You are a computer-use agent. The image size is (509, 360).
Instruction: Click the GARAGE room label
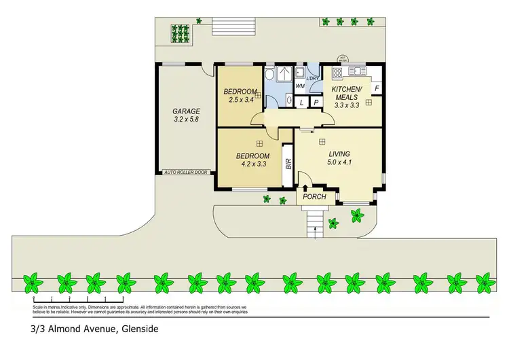coord(185,111)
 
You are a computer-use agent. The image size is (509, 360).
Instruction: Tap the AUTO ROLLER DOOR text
coord(186,173)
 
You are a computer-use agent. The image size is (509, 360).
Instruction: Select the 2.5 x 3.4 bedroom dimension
coord(240,101)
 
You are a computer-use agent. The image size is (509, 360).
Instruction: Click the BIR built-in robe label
coord(288,163)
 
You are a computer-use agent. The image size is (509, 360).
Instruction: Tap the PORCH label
coord(315,197)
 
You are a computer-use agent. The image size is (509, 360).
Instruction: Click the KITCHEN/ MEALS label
coord(347,93)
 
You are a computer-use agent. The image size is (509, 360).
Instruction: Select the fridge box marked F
coord(377,88)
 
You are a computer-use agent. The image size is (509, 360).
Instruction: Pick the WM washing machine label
coord(300,86)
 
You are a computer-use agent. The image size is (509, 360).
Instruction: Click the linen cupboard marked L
coord(302,102)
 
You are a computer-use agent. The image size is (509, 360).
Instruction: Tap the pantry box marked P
coord(316,102)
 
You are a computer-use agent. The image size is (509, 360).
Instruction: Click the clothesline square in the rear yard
coord(181,33)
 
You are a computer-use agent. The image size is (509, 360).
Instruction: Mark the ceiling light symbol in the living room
coord(322,141)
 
